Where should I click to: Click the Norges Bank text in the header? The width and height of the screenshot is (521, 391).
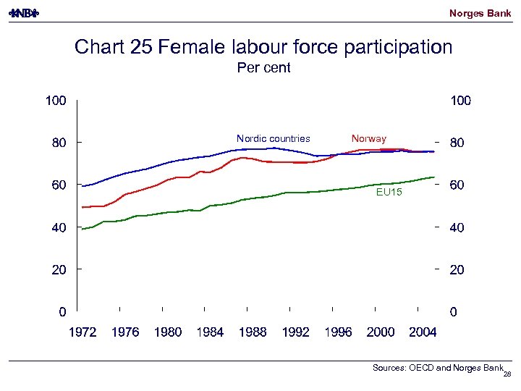pos(480,13)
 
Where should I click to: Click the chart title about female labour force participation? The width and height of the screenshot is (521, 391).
pos(263,47)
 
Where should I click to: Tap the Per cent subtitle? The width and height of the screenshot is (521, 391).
pos(263,68)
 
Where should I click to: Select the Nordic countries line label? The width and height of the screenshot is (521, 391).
pos(273,138)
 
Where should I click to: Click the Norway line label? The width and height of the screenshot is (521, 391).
pos(368,138)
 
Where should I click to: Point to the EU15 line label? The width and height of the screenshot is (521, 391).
pos(389,193)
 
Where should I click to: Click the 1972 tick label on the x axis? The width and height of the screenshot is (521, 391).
pos(82,332)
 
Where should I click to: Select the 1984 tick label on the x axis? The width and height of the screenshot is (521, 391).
pos(210,332)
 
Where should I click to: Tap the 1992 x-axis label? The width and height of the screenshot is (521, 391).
pos(295,332)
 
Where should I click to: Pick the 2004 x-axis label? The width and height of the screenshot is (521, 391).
pos(423,332)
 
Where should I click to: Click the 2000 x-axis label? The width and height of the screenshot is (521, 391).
pos(381,332)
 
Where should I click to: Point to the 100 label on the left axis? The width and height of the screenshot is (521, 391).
pos(56,101)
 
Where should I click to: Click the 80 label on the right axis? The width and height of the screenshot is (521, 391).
pos(457,143)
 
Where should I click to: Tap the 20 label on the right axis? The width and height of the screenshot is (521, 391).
pos(457,270)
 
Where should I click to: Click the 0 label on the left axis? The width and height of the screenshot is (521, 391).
pos(63,313)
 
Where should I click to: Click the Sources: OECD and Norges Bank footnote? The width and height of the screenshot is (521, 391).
pos(437,368)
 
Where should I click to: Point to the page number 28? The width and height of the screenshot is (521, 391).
pos(507,374)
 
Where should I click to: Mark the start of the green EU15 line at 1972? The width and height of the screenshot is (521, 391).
pos(82,229)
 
